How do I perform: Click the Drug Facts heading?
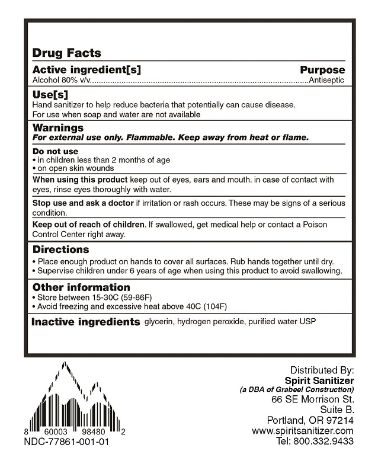66,53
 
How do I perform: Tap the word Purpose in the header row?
322,69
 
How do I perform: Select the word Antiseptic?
327,79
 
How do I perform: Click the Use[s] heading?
50,94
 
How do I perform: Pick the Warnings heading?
57,127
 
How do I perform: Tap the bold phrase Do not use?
55,151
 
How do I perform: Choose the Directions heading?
60,250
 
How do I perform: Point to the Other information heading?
81,287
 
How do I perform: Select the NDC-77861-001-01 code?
66,442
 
